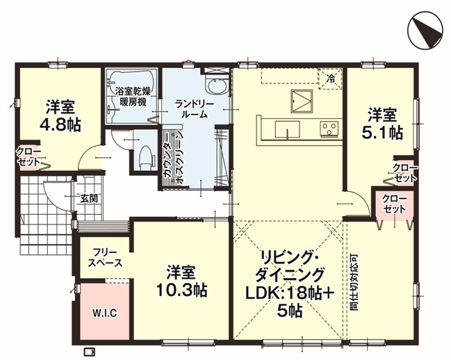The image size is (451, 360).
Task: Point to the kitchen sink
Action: pyautogui.click(x=287, y=130)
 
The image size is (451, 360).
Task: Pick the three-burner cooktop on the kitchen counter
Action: pyautogui.click(x=329, y=129)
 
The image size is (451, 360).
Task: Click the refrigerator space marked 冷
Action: pyautogui.click(x=331, y=79)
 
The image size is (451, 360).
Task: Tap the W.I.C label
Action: pyautogui.click(x=104, y=313)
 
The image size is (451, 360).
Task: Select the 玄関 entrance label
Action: pyautogui.click(x=88, y=198)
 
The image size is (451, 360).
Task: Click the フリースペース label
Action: pyautogui.click(x=105, y=259)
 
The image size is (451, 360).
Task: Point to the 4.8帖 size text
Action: pyautogui.click(x=60, y=124)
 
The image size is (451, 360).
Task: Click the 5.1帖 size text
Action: pyautogui.click(x=382, y=133)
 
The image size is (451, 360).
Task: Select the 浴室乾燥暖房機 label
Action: pyautogui.click(x=133, y=97)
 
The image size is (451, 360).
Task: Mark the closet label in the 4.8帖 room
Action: pyautogui.click(x=28, y=156)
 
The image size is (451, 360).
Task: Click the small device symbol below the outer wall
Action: pyautogui.click(x=89, y=352)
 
